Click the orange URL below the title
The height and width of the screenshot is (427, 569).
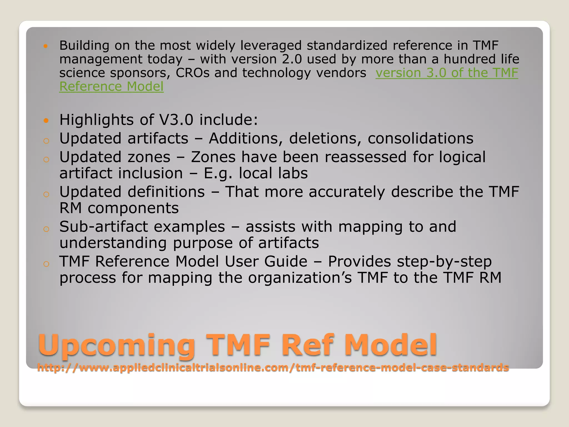273,368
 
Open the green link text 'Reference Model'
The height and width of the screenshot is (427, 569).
111,86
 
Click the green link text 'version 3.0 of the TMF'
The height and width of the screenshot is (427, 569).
447,73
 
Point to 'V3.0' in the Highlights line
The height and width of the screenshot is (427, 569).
176,120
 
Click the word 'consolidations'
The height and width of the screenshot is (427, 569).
420,138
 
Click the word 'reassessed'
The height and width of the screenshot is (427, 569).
366,157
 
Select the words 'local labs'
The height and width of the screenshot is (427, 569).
273,173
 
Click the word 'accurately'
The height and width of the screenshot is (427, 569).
346,192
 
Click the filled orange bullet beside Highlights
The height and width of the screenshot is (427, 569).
46,120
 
